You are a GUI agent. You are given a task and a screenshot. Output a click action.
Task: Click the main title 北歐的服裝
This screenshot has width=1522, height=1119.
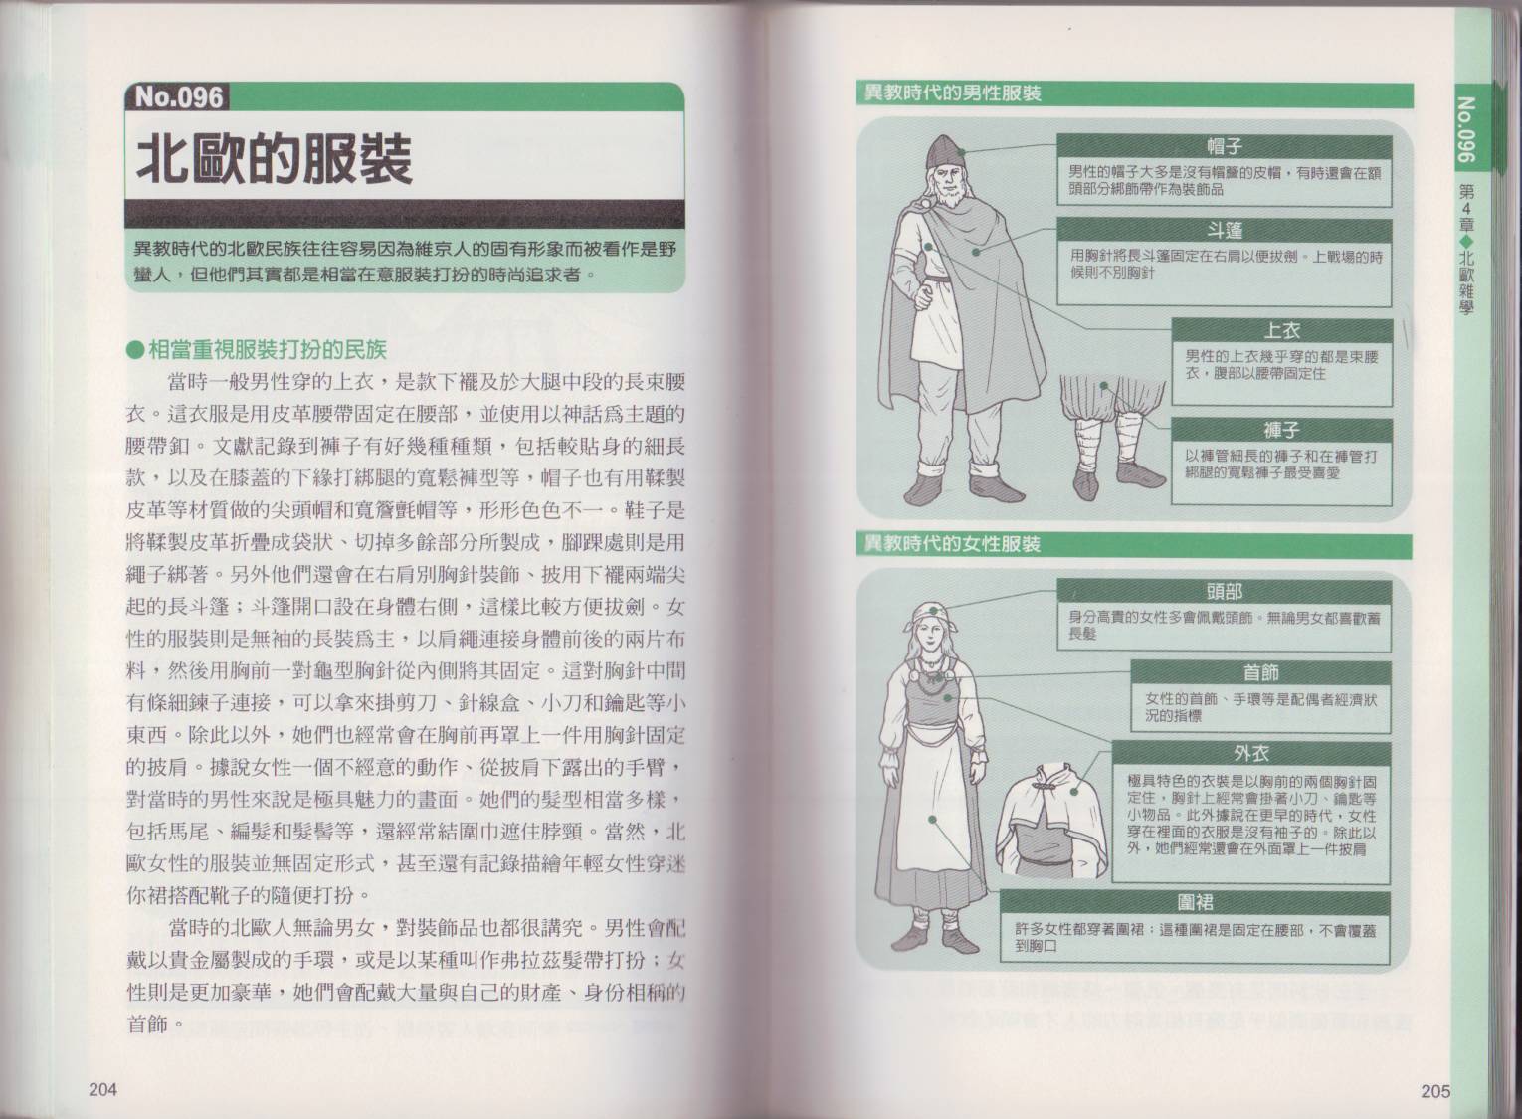point(275,160)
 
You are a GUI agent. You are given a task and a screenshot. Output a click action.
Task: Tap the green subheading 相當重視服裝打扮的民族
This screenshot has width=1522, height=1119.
point(258,350)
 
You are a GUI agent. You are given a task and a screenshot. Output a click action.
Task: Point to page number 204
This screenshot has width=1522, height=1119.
point(103,1090)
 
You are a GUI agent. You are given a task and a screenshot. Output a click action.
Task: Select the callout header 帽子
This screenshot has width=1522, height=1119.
point(1224,147)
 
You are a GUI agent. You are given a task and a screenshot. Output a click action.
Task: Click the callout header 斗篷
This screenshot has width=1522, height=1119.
point(1224,231)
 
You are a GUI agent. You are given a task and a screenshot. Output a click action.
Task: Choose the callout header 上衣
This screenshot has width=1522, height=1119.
point(1281,331)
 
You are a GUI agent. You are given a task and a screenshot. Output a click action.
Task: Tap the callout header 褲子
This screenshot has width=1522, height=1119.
point(1281,430)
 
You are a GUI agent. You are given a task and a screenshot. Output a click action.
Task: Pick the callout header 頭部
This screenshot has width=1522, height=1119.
point(1224,592)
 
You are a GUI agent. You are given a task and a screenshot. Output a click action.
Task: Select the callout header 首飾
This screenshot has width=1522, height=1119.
point(1261,672)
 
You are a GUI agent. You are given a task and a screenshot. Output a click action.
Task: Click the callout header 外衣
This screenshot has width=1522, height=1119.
point(1250,753)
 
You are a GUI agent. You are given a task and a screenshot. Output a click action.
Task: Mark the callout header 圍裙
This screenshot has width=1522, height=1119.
point(1195,902)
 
